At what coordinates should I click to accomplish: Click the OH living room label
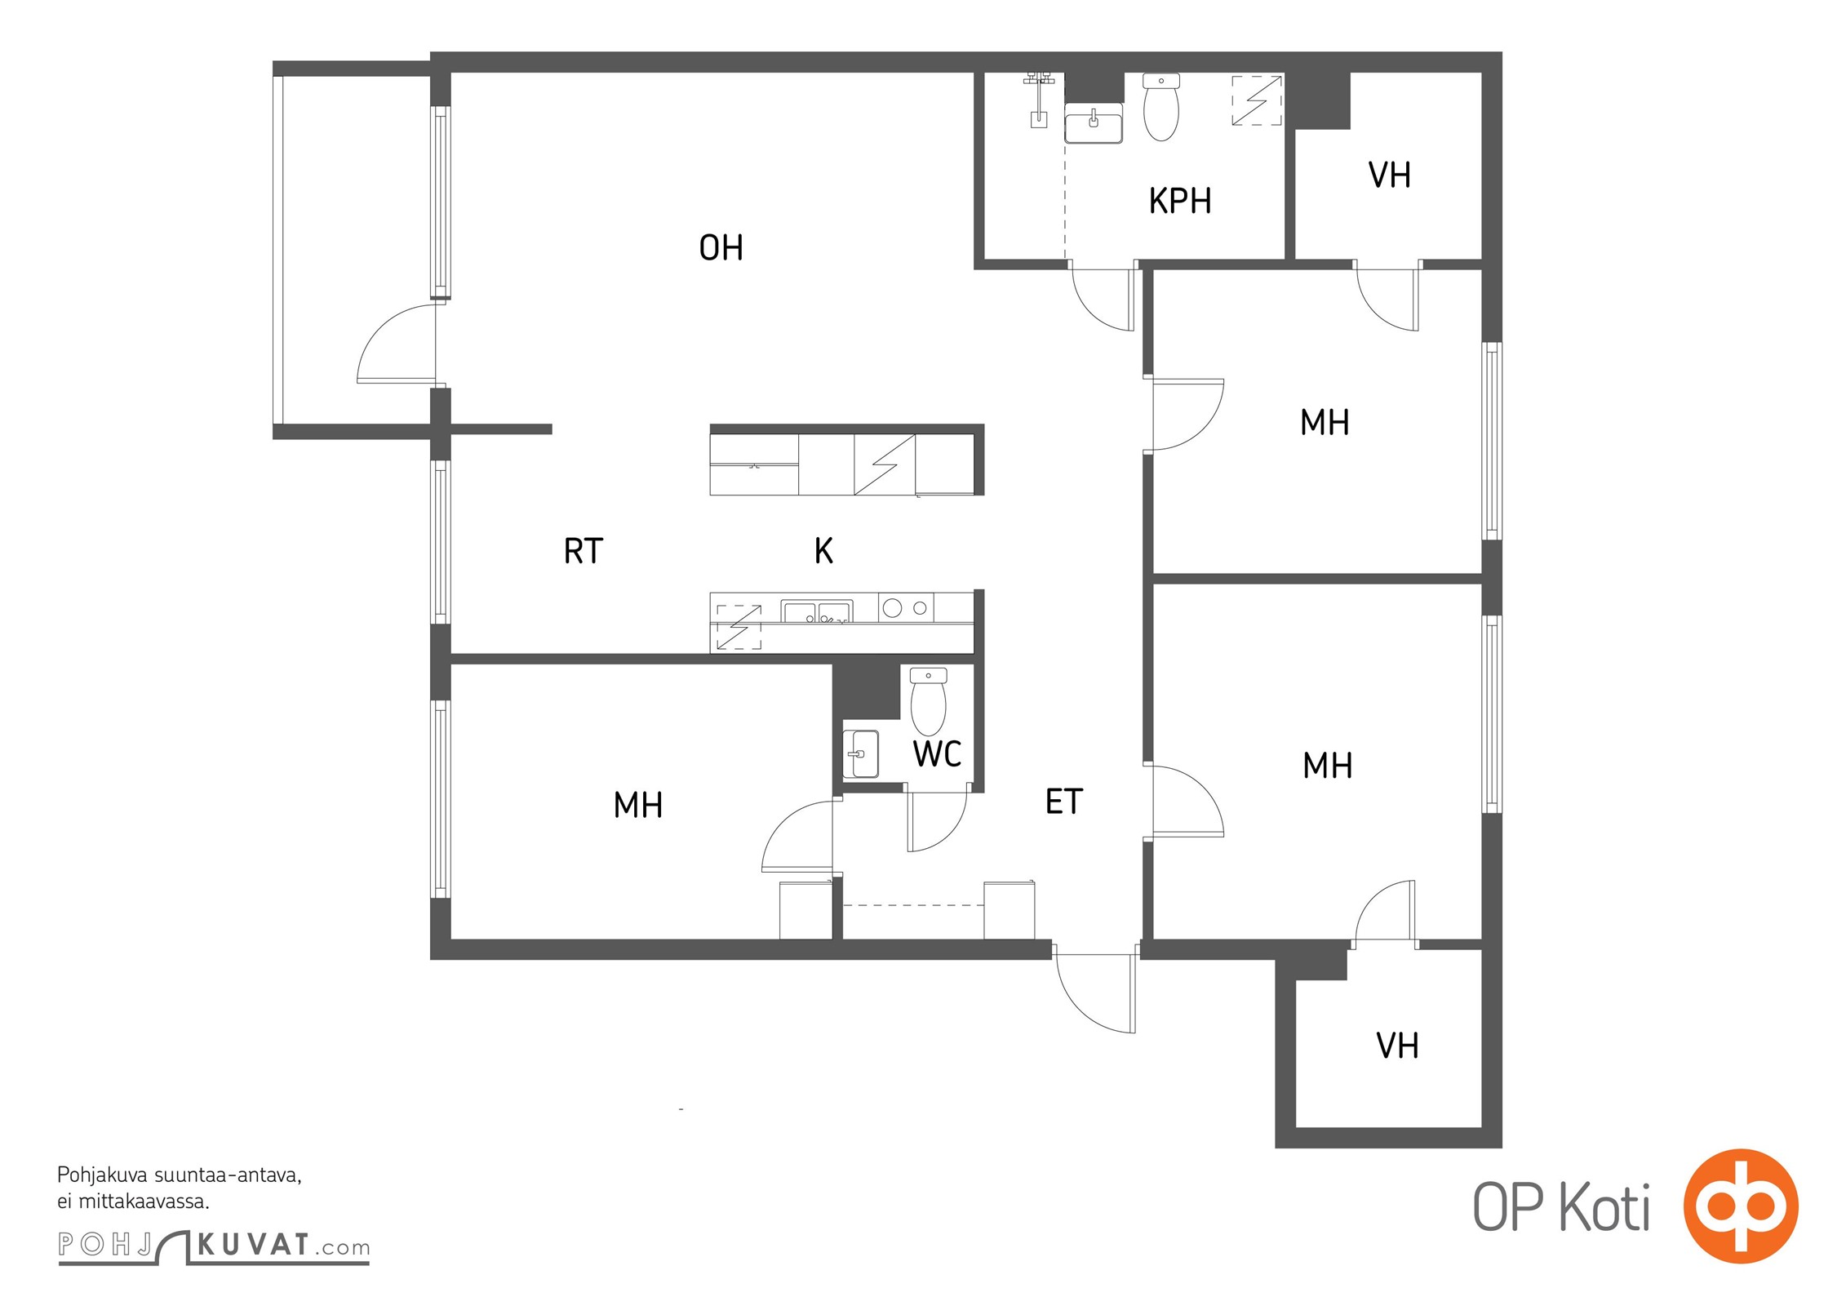(x=721, y=247)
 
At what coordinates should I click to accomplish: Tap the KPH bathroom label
(x=1179, y=201)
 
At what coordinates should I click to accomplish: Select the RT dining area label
(x=583, y=551)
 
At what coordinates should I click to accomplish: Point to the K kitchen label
(x=823, y=551)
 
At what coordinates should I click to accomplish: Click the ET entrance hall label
(x=1063, y=802)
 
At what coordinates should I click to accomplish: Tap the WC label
(x=937, y=754)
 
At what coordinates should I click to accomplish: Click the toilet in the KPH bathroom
(x=1160, y=107)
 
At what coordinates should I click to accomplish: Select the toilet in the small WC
(x=928, y=701)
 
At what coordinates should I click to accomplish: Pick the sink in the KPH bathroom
(x=1094, y=123)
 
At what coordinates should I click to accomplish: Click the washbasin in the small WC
(x=860, y=753)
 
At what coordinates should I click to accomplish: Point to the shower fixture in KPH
(x=1039, y=100)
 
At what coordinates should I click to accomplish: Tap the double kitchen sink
(x=816, y=611)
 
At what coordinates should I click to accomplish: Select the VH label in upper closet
(x=1389, y=175)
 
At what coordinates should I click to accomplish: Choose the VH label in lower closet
(x=1396, y=1046)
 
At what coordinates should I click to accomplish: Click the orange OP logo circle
(x=1741, y=1206)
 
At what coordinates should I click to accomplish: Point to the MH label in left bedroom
(x=637, y=806)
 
